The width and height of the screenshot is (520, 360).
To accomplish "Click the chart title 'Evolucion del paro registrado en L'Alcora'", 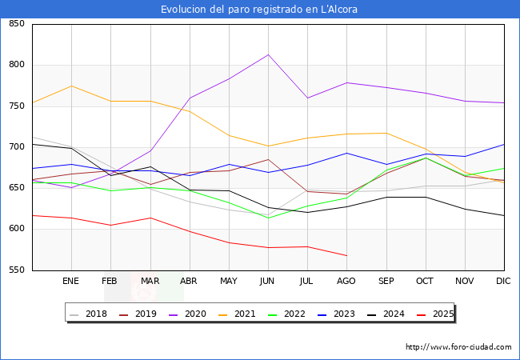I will pyautogui.click(x=259, y=10).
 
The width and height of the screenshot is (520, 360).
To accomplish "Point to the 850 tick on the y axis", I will pyautogui.click(x=17, y=24).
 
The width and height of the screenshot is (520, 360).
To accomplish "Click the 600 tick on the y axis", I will pyautogui.click(x=17, y=230).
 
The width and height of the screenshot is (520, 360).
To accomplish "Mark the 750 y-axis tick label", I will pyautogui.click(x=17, y=106).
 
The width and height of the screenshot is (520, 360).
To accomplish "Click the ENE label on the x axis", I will pyautogui.click(x=71, y=282).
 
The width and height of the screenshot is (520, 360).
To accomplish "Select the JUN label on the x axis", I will pyautogui.click(x=268, y=282).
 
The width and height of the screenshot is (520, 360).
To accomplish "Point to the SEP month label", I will pyautogui.click(x=386, y=282).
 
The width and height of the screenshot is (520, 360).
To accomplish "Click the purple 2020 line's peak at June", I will pyautogui.click(x=268, y=54).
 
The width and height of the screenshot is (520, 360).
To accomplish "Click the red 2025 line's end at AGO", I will pyautogui.click(x=346, y=256).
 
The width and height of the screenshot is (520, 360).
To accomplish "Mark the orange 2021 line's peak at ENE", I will pyautogui.click(x=71, y=86).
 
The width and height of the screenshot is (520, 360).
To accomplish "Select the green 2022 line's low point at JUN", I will pyautogui.click(x=268, y=218).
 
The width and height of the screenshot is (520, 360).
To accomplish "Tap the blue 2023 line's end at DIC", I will pyautogui.click(x=504, y=144).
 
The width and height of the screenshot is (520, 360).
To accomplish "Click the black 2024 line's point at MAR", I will pyautogui.click(x=150, y=166).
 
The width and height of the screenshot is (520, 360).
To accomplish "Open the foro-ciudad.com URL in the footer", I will pyautogui.click(x=458, y=347).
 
